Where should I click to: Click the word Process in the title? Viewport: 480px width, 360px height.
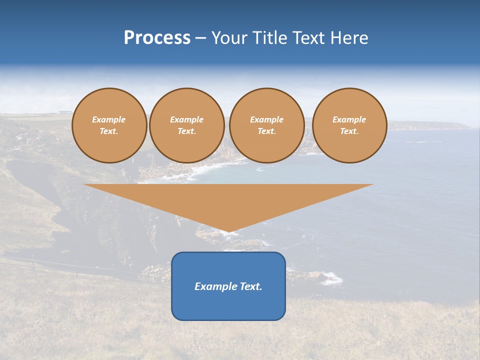[157, 38]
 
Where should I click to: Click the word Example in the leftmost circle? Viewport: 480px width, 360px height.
[109, 119]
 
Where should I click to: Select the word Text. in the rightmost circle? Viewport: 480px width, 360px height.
[349, 131]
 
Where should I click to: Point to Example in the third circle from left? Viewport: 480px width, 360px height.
[266, 119]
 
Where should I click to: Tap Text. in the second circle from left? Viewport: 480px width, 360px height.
[186, 131]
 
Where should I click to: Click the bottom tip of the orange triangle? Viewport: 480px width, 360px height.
[228, 230]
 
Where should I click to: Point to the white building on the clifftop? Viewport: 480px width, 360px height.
[64, 112]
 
